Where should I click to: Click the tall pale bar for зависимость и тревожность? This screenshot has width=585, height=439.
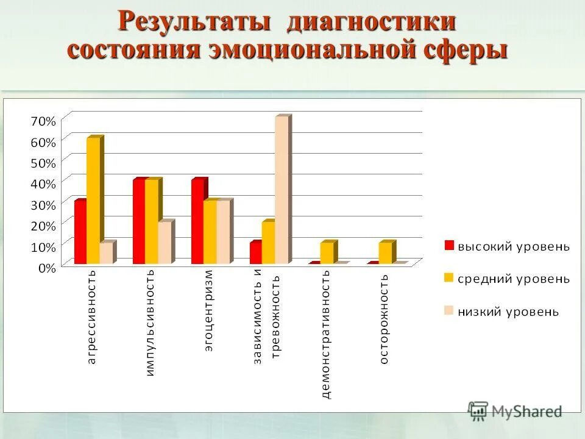click(x=282, y=190)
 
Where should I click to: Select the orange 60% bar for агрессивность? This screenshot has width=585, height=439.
click(x=93, y=201)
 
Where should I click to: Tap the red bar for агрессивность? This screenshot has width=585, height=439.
click(x=80, y=232)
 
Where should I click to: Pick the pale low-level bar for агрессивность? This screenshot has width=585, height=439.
click(x=105, y=254)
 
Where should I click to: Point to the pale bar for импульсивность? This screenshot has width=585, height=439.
click(x=165, y=243)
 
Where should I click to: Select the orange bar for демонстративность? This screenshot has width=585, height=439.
click(x=327, y=253)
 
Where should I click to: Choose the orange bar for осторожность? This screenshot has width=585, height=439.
click(x=386, y=253)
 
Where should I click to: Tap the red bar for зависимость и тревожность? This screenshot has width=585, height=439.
click(x=255, y=253)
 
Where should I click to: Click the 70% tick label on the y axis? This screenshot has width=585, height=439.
click(x=43, y=121)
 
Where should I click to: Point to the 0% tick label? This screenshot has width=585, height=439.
click(x=46, y=266)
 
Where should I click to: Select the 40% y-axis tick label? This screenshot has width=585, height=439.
click(x=43, y=183)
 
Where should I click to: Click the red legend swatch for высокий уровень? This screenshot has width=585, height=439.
click(x=449, y=246)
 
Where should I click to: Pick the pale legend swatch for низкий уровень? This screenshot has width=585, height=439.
click(x=449, y=311)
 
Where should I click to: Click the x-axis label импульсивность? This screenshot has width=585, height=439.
click(x=151, y=322)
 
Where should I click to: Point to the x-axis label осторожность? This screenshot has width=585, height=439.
click(x=384, y=319)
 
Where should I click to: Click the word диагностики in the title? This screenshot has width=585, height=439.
click(x=372, y=22)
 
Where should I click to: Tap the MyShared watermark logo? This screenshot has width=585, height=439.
click(x=515, y=411)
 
